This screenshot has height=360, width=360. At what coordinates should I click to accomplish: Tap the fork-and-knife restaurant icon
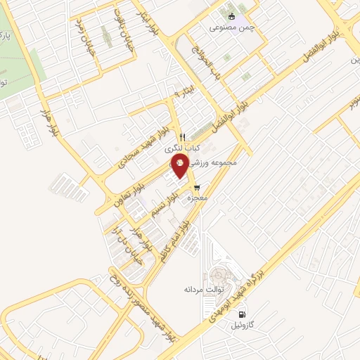pyautogui.click(x=182, y=136)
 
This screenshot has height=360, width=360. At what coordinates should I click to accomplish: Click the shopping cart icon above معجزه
pyautogui.click(x=196, y=187)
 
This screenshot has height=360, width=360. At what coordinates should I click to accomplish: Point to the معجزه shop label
pyautogui.click(x=196, y=199)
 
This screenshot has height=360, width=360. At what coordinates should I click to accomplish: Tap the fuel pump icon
pyautogui.click(x=243, y=314)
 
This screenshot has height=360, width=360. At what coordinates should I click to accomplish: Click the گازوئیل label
pyautogui.click(x=243, y=326)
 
